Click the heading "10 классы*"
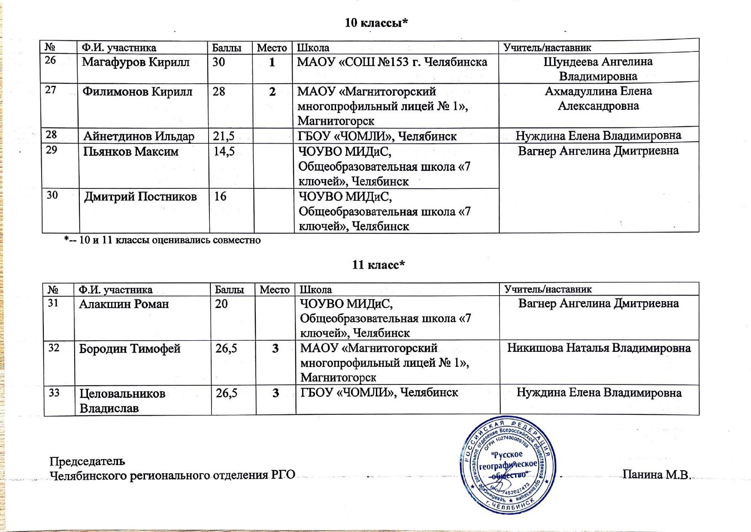coord(376,23)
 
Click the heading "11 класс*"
coord(378,265)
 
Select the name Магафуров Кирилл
coord(136,62)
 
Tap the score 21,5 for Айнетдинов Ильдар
coord(224,136)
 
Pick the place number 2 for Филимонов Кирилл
coord(272,92)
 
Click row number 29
coord(51,150)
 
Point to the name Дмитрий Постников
coord(140,197)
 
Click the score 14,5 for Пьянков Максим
coord(224,151)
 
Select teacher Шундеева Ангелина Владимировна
coord(598,69)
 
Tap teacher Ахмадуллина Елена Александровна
coord(598,98)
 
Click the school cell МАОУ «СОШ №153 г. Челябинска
coord(392,63)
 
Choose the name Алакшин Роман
coord(124,304)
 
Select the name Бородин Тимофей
coord(130,349)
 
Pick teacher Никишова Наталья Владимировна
coord(599,348)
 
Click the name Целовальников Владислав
coord(122,401)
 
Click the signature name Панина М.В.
coord(656,475)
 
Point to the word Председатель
coord(87,461)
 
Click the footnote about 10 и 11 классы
coord(163,240)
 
